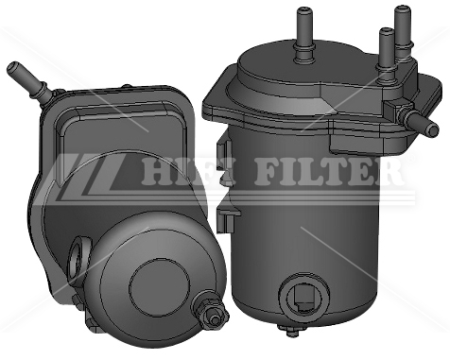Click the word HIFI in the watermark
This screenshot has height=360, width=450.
pyautogui.click(x=175, y=173)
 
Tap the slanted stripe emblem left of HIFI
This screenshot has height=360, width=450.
pyautogui.click(x=90, y=173)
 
